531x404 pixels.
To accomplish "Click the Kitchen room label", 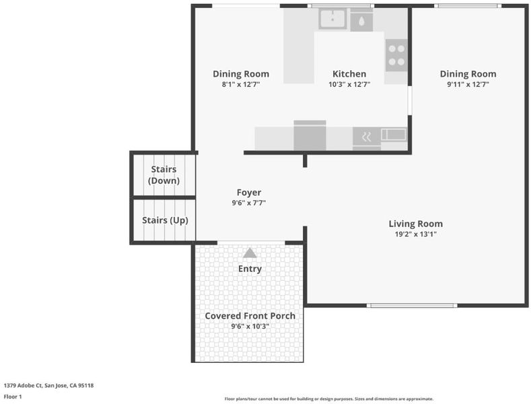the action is (349, 74).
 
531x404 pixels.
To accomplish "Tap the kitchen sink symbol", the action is (332, 19).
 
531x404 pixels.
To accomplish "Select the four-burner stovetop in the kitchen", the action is (396, 55).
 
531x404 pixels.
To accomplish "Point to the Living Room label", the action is (415, 224).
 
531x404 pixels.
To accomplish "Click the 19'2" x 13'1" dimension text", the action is (415, 234).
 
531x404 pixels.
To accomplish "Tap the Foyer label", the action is (249, 193).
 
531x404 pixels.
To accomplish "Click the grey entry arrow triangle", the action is (250, 253).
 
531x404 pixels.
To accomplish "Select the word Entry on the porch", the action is (250, 269).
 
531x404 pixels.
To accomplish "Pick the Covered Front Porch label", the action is (250, 316).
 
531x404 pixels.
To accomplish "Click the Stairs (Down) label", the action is (164, 175).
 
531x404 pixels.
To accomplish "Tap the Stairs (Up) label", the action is (165, 220).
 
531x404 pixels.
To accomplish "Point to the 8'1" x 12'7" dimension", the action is (241, 84).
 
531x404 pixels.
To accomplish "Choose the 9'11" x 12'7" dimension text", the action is (468, 84).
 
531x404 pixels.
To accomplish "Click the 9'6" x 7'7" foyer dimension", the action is (249, 203).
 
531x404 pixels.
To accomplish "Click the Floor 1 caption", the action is (13, 397).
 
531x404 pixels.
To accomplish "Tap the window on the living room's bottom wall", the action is (412, 306).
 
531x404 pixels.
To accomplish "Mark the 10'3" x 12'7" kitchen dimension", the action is (349, 84).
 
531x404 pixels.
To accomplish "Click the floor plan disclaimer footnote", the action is (329, 399).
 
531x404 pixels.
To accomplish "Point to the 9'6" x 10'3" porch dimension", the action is (250, 327).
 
